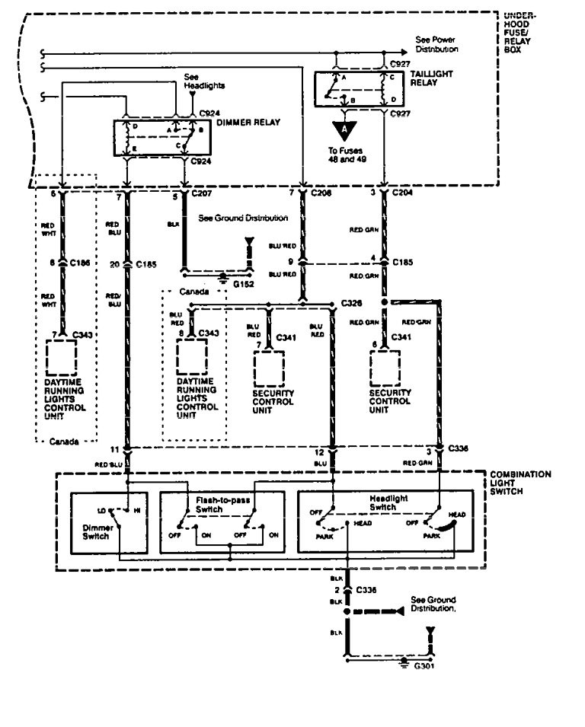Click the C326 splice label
pos(352,303)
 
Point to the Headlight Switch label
pos(389,502)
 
